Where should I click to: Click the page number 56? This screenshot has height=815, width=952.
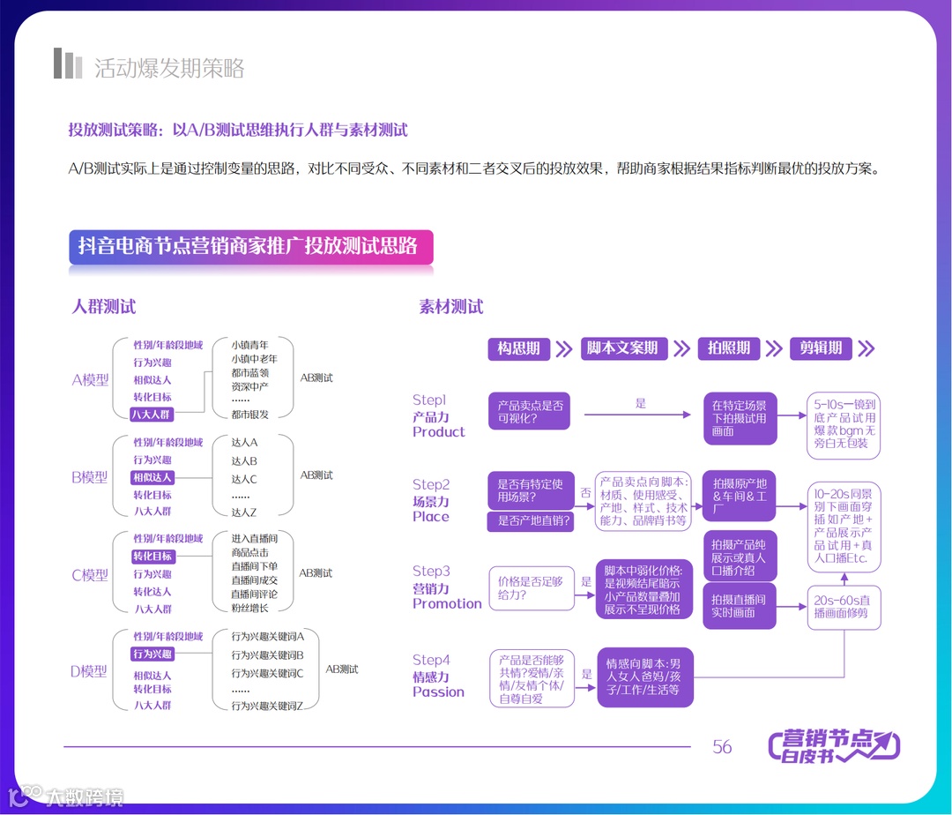pyautogui.click(x=722, y=747)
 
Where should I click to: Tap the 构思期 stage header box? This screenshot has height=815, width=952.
pyautogui.click(x=518, y=348)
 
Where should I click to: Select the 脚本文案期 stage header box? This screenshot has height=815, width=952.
pyautogui.click(x=622, y=348)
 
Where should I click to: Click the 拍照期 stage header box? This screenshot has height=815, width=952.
pyautogui.click(x=729, y=348)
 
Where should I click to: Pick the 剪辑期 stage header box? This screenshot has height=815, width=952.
pyautogui.click(x=821, y=348)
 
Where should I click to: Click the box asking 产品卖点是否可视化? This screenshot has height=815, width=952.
pyautogui.click(x=529, y=412)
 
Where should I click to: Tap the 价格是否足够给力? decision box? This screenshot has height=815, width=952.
pyautogui.click(x=529, y=588)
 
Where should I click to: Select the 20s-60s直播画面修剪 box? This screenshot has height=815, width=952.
pyautogui.click(x=845, y=607)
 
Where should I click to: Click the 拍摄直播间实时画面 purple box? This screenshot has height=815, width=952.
pyautogui.click(x=739, y=606)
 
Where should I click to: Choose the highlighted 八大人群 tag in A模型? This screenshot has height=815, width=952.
pyautogui.click(x=152, y=415)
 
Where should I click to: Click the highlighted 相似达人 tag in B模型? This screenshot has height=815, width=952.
pyautogui.click(x=152, y=477)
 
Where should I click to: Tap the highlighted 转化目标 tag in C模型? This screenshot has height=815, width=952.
pyautogui.click(x=152, y=557)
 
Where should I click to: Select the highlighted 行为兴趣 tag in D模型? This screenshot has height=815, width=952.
pyautogui.click(x=152, y=654)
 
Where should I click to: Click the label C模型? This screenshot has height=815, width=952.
pyautogui.click(x=90, y=575)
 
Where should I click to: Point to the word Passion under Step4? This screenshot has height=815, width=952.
pyautogui.click(x=438, y=692)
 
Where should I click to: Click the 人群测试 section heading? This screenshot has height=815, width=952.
pyautogui.click(x=104, y=307)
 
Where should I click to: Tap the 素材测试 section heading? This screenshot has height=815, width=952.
pyautogui.click(x=451, y=307)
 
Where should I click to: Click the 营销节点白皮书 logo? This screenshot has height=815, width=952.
pyautogui.click(x=834, y=746)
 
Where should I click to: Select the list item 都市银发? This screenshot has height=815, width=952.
pyautogui.click(x=250, y=415)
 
